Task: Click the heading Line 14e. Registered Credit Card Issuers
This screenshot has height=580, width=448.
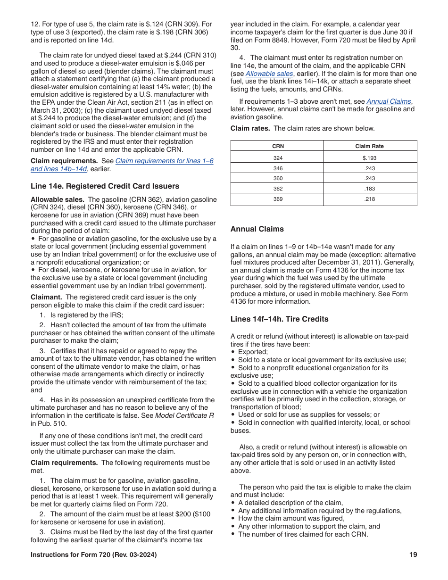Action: coord(105,186)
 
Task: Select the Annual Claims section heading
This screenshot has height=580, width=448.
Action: coord(257,229)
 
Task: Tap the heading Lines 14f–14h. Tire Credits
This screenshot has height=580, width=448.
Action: coord(279,319)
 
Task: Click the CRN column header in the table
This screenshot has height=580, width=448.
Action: coord(278,146)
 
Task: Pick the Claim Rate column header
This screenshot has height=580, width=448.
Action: coord(369,146)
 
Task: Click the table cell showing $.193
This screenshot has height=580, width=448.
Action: coord(370,158)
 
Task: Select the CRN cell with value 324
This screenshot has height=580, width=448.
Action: coord(278,158)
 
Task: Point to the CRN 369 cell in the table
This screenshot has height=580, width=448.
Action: coord(278,199)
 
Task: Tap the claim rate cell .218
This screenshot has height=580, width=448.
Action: coord(370,199)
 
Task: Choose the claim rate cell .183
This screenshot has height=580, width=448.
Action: coord(370,189)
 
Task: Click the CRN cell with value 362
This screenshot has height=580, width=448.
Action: coord(278,189)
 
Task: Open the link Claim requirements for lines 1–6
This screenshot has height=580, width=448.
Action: coord(164,161)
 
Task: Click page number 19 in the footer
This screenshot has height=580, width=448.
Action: coord(413,555)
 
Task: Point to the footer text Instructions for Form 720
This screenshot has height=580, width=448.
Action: coord(93,555)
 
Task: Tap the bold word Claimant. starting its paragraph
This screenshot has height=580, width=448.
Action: coord(46,297)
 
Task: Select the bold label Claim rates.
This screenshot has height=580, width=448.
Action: coord(250,128)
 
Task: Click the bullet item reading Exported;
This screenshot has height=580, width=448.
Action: coord(253,352)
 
